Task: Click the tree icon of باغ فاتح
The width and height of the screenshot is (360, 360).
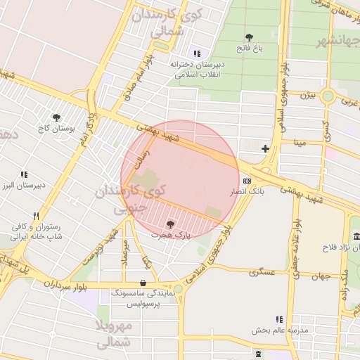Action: point(248,37)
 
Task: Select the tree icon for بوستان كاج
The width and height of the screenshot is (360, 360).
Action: point(56,117)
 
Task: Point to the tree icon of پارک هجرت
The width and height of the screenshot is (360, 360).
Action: point(169,224)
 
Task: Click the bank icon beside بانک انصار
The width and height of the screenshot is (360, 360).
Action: point(247,181)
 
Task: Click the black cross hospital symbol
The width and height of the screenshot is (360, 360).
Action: point(265,148)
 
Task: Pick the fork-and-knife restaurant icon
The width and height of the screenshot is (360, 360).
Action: point(36,217)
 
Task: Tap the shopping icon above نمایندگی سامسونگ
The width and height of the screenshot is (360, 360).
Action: point(143,283)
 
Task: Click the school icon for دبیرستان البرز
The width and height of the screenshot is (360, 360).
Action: point(24,174)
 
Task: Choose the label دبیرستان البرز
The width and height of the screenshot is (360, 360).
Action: point(22,186)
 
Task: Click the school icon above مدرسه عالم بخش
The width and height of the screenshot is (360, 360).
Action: point(279,319)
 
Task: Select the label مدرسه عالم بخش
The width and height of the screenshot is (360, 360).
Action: point(271,330)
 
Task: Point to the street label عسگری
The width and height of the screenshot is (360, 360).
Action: point(252,271)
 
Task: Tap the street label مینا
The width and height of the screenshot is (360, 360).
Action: point(301,143)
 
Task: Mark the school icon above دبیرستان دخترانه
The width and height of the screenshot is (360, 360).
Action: point(197,53)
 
